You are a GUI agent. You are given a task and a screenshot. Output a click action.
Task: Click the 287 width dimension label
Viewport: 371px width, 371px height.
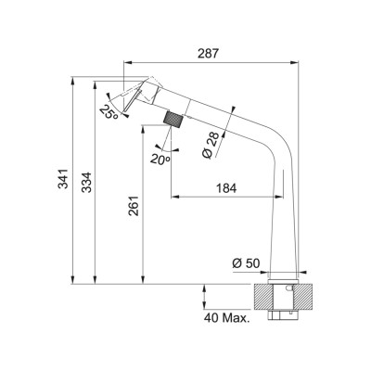[x=208, y=54]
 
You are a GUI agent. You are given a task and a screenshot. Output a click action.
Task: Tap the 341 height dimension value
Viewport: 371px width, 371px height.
[x=63, y=179]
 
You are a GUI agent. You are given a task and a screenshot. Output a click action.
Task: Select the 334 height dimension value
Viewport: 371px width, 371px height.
[x=86, y=182]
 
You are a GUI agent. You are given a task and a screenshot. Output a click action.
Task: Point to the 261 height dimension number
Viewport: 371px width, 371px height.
[x=134, y=206]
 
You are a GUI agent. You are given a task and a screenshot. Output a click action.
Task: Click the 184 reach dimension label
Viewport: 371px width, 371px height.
[x=226, y=188]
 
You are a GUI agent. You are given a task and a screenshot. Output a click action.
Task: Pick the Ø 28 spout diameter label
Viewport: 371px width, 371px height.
[x=211, y=146]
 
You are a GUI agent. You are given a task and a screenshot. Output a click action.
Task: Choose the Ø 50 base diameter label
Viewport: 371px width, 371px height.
[x=246, y=263]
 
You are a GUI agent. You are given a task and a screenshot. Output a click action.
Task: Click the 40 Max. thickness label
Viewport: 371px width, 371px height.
[x=226, y=318]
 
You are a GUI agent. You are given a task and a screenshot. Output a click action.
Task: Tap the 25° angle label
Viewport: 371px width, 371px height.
[x=109, y=113]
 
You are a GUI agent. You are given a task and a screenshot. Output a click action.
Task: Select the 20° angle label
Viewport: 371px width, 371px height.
[x=160, y=159]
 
